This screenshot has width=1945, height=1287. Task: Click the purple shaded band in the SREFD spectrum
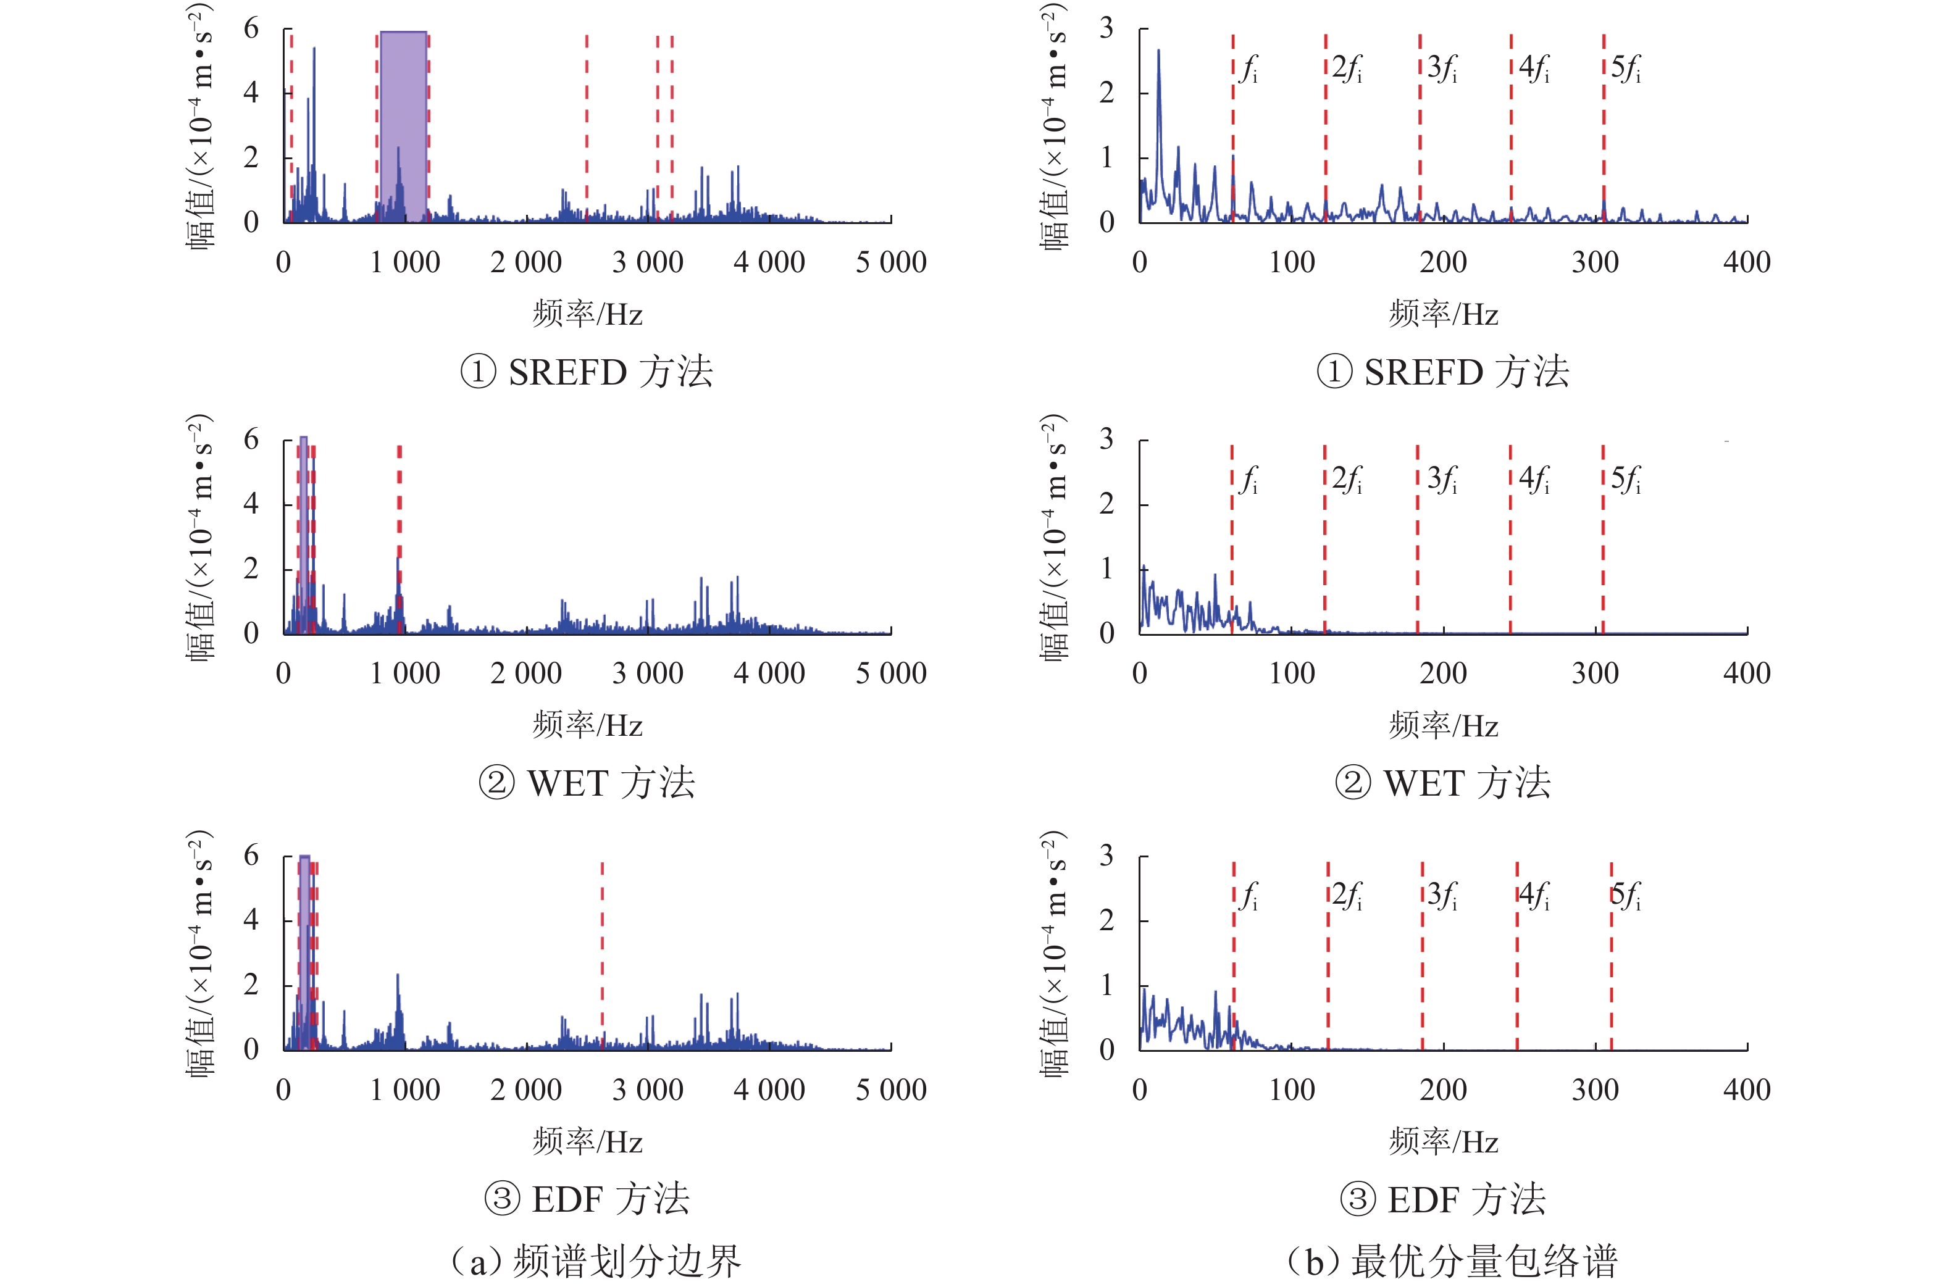(403, 123)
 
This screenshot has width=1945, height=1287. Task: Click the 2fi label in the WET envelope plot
(1347, 480)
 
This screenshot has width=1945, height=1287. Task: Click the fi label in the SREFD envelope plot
(1249, 69)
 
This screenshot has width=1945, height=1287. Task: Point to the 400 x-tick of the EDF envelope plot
(1746, 1090)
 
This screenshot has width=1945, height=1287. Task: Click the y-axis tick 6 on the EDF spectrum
(251, 856)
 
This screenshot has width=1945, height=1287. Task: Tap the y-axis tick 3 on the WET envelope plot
(1106, 440)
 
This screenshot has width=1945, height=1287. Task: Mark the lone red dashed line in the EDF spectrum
(602, 952)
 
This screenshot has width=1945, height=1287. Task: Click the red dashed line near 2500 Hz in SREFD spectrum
(586, 123)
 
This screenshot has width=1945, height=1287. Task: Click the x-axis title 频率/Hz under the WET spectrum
(587, 725)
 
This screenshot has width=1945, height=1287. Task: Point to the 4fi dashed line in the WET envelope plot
(1510, 558)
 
